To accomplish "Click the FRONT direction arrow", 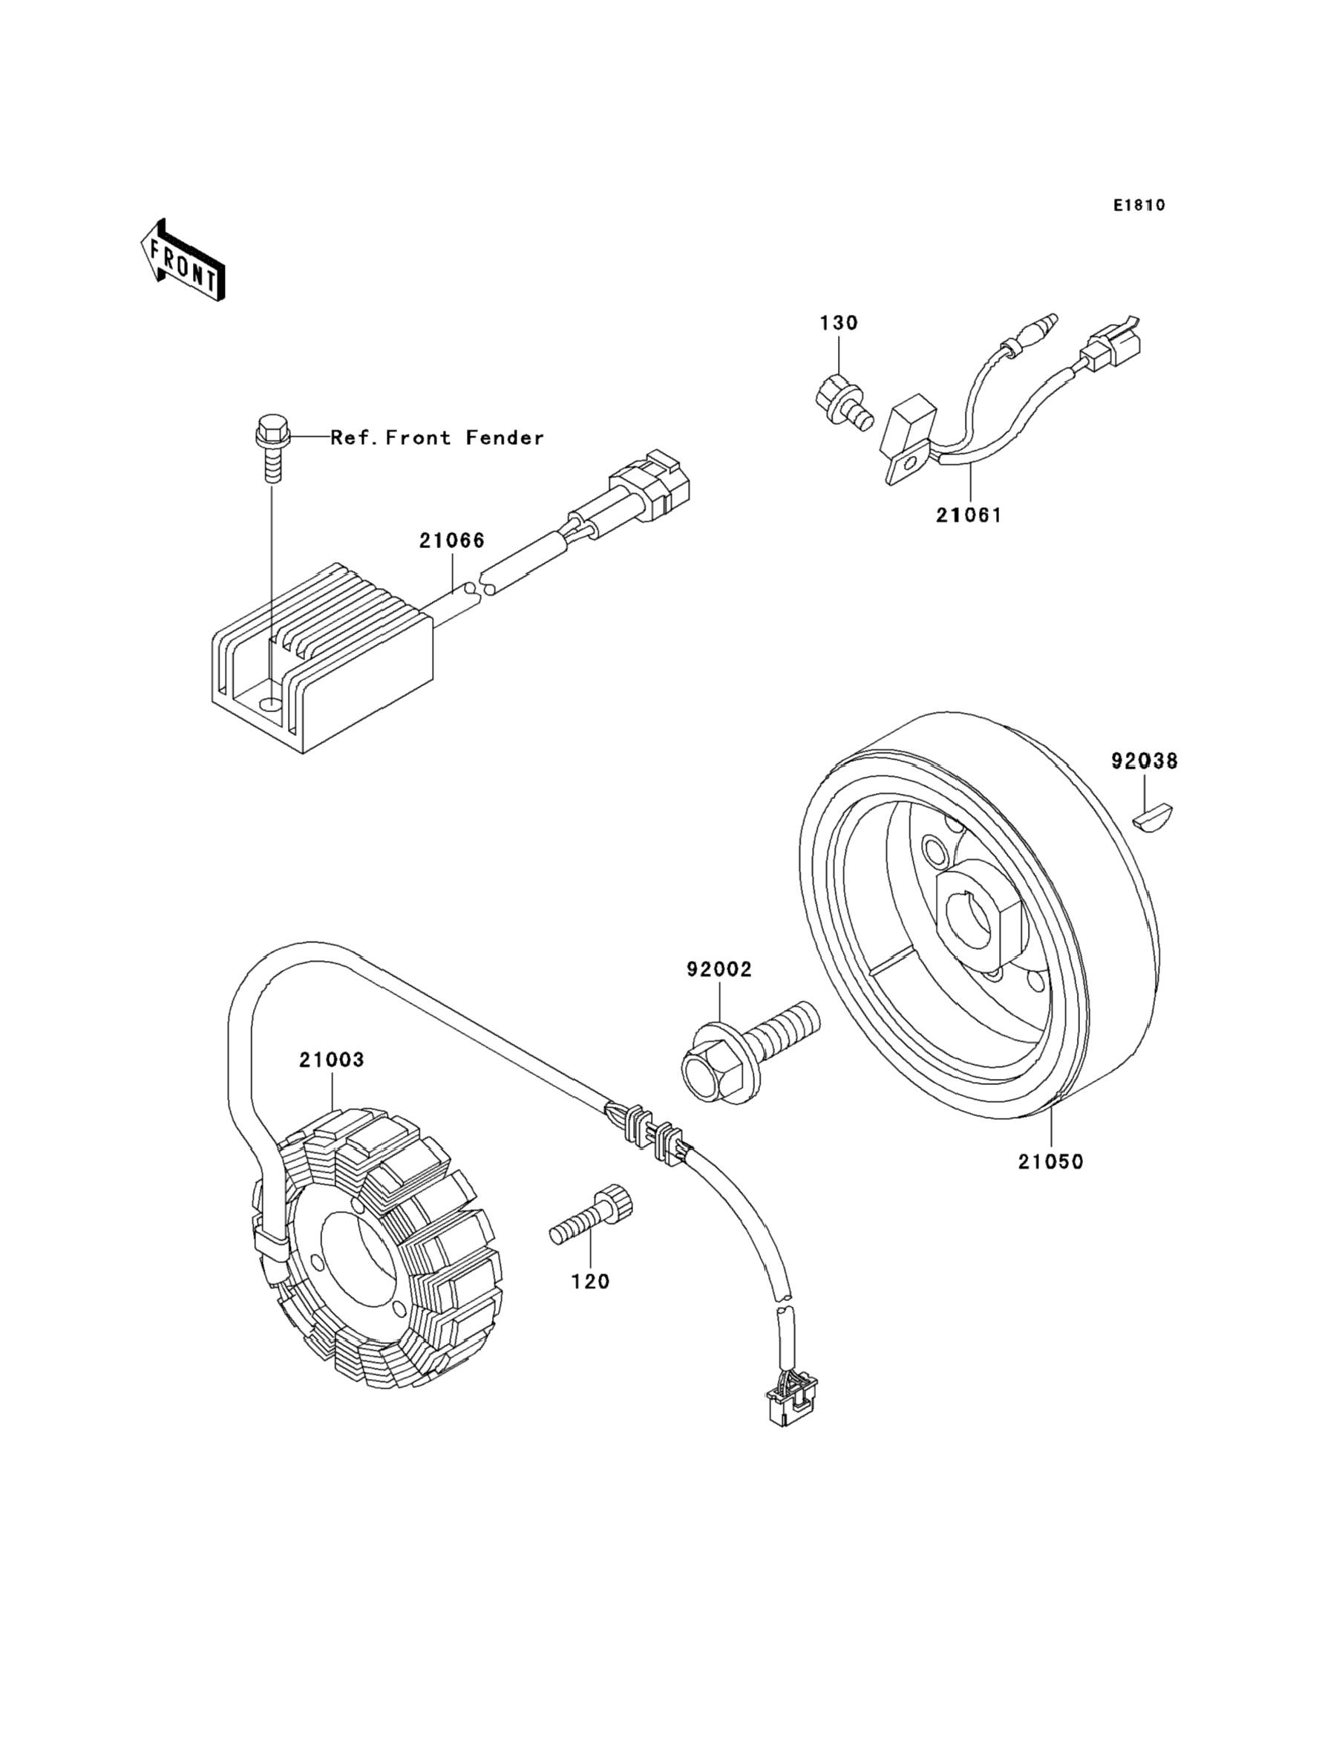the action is [183, 260].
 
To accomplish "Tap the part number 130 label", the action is [839, 323].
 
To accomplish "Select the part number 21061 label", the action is [969, 515].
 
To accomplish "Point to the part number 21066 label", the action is [452, 541].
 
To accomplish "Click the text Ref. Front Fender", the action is [438, 437].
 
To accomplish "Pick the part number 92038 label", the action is [1145, 761].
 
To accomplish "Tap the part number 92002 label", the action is [720, 970].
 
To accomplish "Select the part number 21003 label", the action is [332, 1060].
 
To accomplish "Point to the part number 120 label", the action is [591, 1282].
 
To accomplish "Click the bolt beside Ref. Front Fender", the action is [272, 447].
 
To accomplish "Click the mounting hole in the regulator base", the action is [272, 705].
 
